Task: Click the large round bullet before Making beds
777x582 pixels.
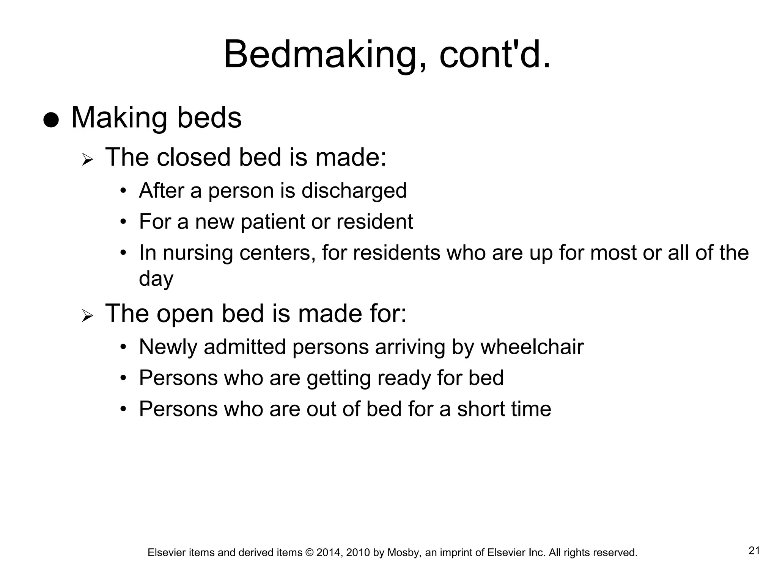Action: pos(51,120)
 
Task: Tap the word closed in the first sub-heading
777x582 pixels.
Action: pos(193,157)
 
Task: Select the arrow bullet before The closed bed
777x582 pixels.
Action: pos(87,160)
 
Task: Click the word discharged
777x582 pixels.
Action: pos(354,191)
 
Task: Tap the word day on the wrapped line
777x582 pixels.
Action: pos(156,279)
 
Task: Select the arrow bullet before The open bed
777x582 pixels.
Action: pos(87,316)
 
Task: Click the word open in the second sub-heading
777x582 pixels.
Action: pos(185,314)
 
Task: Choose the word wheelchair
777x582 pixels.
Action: pos(532,347)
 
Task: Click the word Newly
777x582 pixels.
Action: pos(168,347)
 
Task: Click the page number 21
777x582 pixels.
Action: pos(754,551)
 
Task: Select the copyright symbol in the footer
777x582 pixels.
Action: pos(309,553)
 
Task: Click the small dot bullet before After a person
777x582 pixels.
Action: pos(123,190)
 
